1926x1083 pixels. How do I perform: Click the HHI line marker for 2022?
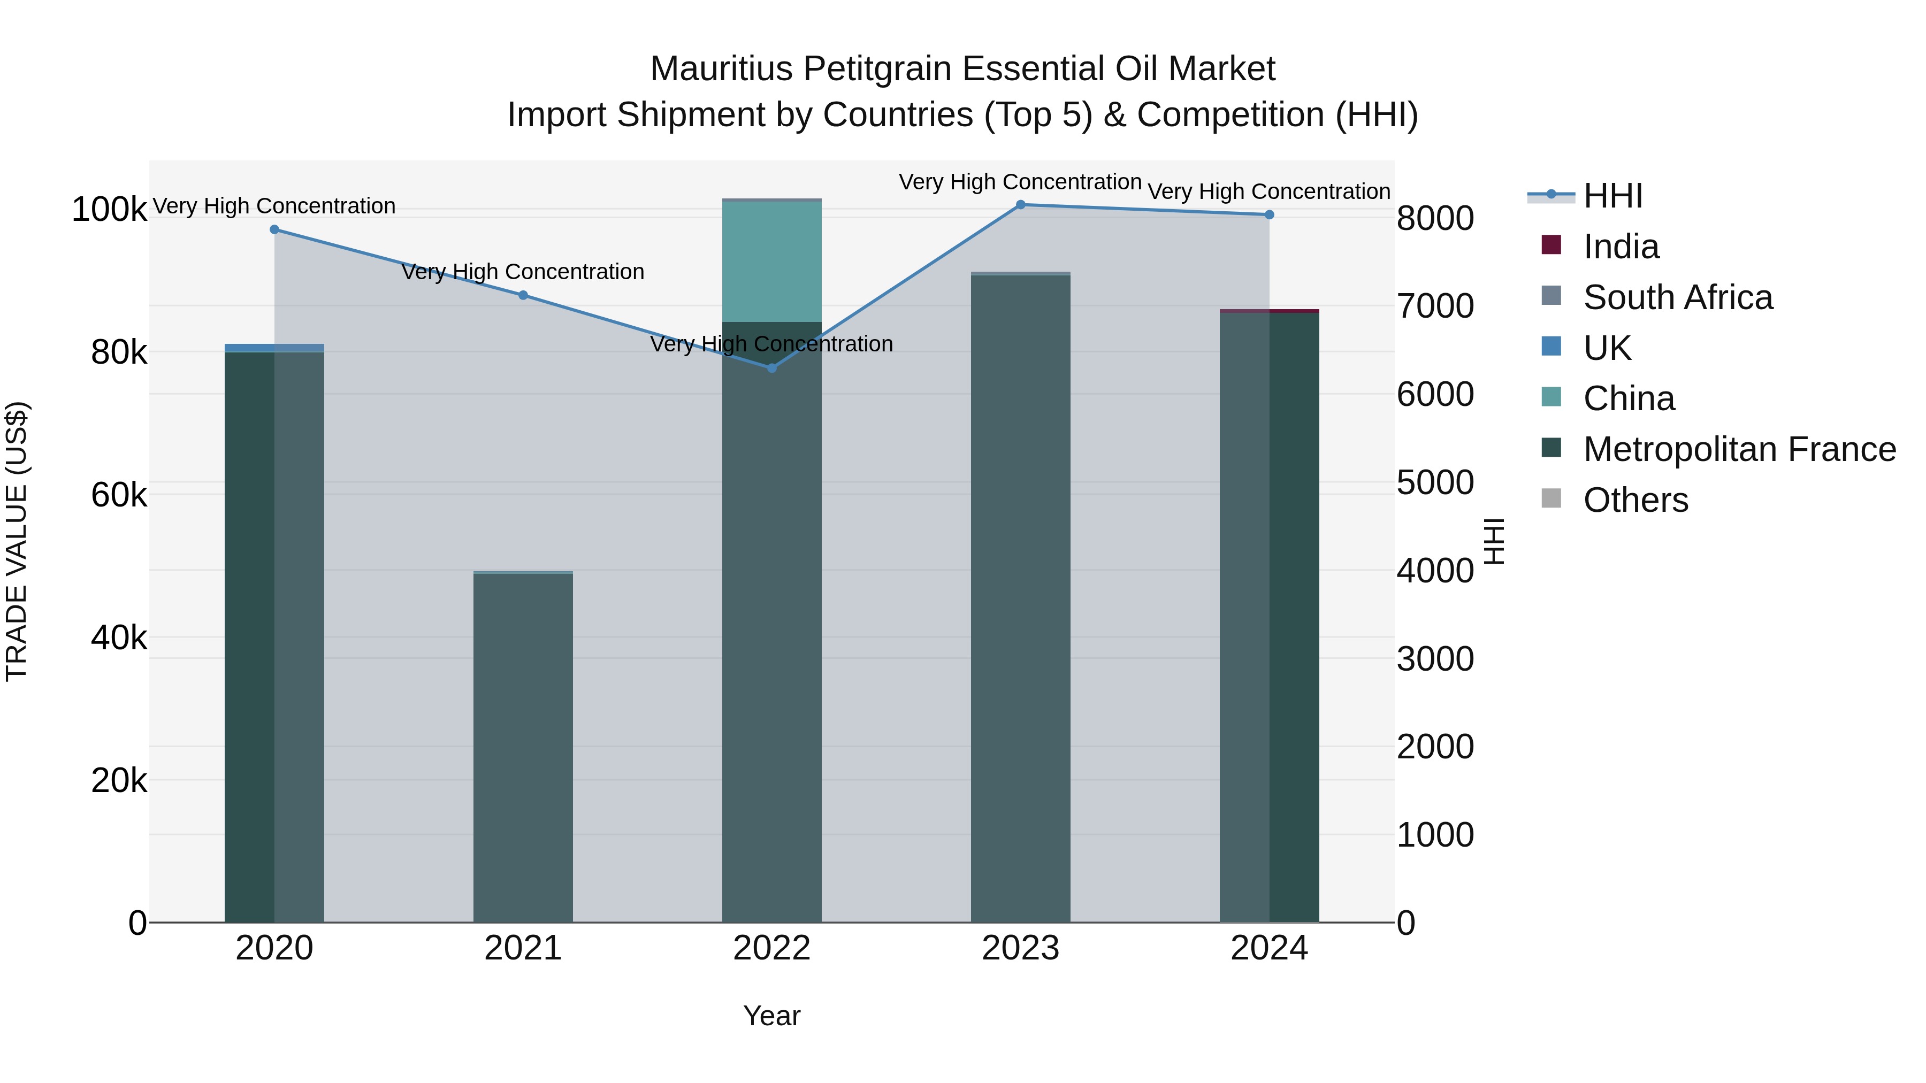click(x=771, y=368)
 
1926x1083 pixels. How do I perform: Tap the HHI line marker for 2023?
click(x=1021, y=205)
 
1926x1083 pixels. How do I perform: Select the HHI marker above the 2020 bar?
click(x=274, y=229)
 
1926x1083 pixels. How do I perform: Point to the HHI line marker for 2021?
click(x=523, y=295)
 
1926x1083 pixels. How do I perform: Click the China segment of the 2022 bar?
click(x=771, y=262)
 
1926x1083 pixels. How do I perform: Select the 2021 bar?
click(x=523, y=748)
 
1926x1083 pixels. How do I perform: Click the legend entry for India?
click(x=1621, y=247)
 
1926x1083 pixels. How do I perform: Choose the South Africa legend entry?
click(x=1678, y=297)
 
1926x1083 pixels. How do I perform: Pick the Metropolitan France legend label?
click(x=1739, y=449)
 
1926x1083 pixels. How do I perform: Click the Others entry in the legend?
click(x=1635, y=500)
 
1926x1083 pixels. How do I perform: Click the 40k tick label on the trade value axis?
click(x=119, y=638)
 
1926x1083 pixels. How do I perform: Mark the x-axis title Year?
click(x=771, y=1016)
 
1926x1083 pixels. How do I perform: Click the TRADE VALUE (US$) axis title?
click(x=17, y=541)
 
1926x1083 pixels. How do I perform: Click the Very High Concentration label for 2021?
click(x=523, y=272)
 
